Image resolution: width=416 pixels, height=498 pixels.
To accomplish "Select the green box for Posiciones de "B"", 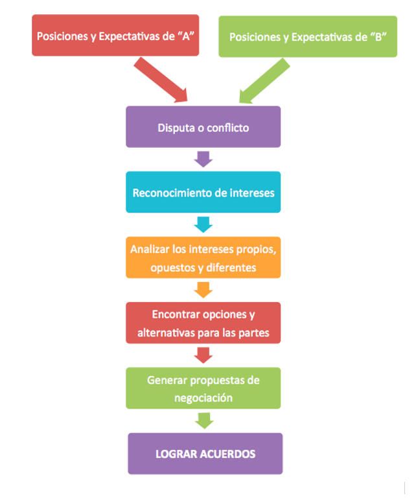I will click(308, 37).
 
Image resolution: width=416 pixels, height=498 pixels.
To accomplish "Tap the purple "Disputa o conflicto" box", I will click(203, 127).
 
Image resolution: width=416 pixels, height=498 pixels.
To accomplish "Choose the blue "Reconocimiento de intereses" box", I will click(203, 192).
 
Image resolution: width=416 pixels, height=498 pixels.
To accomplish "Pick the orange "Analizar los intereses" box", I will click(203, 257).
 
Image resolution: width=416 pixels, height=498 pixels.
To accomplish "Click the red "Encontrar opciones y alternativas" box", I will click(203, 323).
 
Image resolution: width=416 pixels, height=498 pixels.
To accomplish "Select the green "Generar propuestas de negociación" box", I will click(203, 388).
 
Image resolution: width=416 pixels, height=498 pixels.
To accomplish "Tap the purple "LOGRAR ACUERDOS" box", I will click(205, 453).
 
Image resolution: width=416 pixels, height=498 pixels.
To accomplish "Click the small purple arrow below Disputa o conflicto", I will click(203, 160).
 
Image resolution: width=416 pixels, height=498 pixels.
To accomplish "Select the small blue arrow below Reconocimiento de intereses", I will click(203, 224).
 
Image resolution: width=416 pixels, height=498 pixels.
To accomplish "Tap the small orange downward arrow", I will click(203, 290).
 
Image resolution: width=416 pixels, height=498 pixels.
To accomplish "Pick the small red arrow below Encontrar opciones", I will click(203, 355).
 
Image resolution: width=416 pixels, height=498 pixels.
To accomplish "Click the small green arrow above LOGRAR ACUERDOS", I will click(203, 421).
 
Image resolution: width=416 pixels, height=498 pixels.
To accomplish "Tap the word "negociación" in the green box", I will click(203, 397).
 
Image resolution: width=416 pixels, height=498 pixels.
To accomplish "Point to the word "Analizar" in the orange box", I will click(149, 249).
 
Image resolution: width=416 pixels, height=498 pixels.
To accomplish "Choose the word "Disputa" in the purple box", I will click(176, 128).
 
